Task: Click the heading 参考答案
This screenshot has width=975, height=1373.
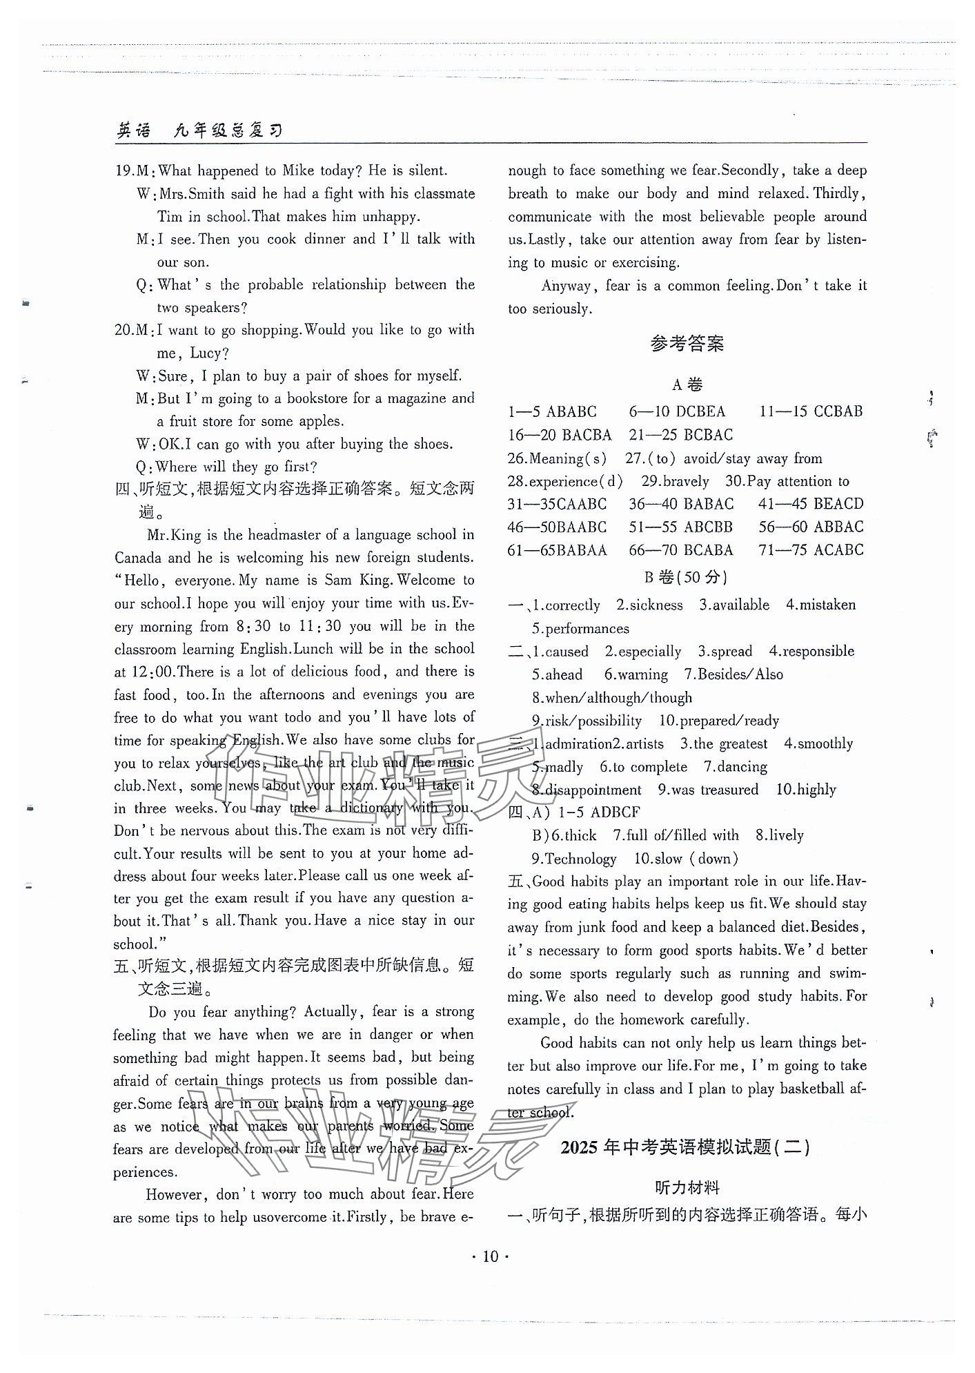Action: pos(687,344)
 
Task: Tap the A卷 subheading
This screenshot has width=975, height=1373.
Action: pos(687,384)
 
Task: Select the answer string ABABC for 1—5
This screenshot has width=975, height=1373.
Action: pos(571,412)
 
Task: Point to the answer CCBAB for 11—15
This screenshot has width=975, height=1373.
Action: pos(829,412)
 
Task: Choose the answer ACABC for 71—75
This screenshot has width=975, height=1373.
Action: pos(838,550)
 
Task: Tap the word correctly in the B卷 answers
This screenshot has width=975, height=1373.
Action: pos(572,605)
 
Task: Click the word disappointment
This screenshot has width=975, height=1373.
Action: pos(593,790)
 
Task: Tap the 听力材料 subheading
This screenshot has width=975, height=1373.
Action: pos(687,1188)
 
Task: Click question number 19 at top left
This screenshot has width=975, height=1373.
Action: pos(123,171)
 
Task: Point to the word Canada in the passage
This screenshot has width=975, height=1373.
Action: pos(138,558)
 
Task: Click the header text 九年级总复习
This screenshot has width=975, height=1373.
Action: pos(228,130)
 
